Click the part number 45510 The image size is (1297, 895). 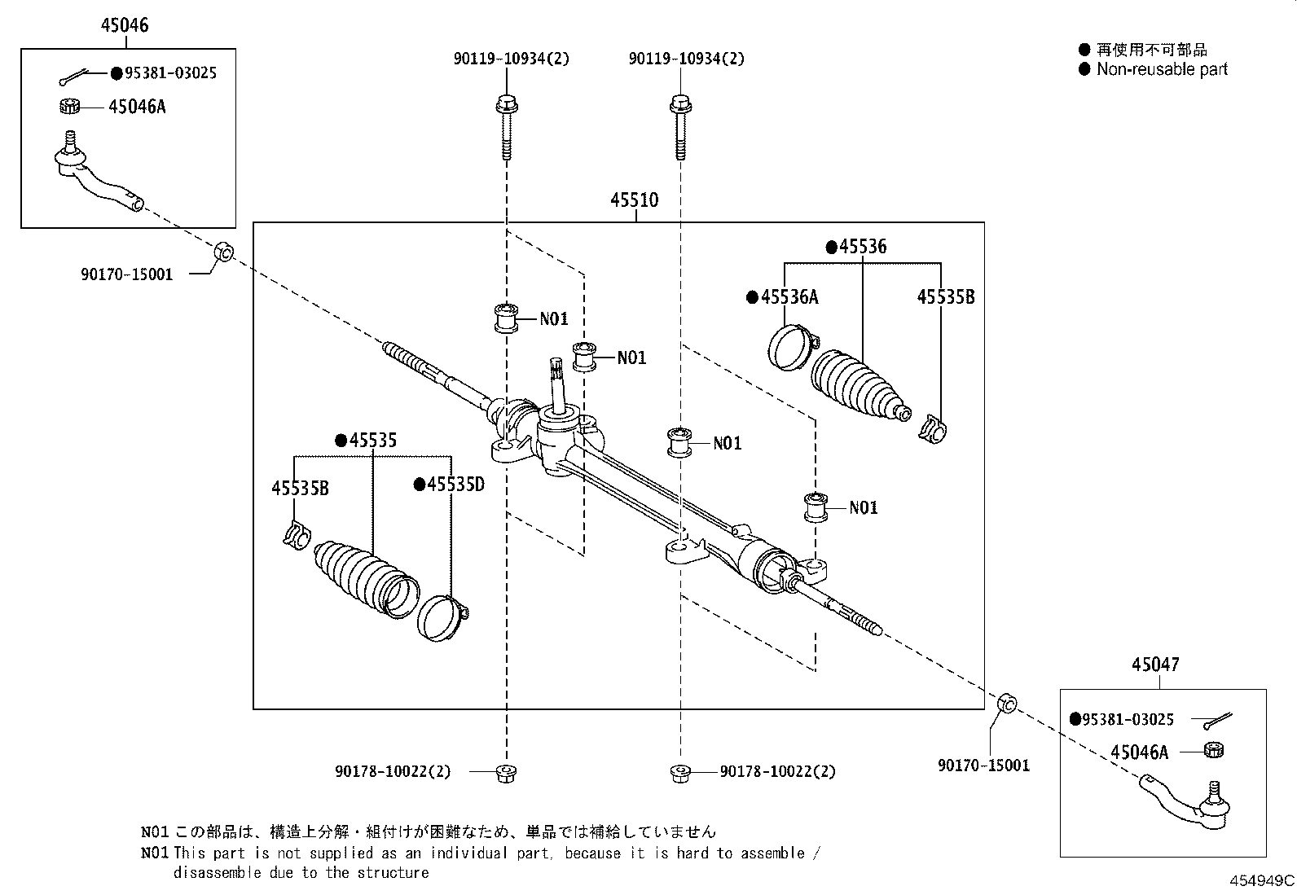coord(635,200)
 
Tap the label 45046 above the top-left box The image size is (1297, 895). coord(125,25)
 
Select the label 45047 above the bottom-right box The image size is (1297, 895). coord(1154,665)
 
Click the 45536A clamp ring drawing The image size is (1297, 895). coord(789,348)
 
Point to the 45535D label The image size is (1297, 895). coord(450,485)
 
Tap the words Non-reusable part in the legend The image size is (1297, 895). coord(1161,69)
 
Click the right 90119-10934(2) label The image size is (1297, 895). coord(686,59)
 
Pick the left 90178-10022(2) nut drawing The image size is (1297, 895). coord(505,772)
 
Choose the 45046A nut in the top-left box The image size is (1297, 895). coord(70,106)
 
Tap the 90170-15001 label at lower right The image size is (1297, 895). coord(983,766)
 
